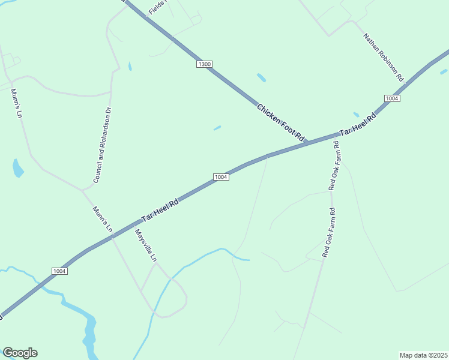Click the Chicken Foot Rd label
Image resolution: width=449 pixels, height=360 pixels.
point(282,124)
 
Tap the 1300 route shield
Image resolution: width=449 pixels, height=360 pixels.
point(205,64)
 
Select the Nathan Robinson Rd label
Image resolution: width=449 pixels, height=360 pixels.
point(383,57)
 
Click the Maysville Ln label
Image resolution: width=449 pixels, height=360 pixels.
point(146,245)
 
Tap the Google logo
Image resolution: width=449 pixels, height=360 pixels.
point(20,353)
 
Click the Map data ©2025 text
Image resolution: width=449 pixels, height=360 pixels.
point(423,355)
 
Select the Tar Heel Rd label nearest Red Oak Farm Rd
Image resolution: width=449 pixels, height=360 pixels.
point(357,125)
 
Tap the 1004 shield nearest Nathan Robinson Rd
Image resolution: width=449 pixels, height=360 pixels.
point(392,98)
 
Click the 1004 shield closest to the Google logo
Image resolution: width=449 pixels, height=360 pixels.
point(59,271)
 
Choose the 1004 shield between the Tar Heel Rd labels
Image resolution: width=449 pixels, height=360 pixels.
point(221,176)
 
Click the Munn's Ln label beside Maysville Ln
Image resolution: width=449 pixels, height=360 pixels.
point(103,220)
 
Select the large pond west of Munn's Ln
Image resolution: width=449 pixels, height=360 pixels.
point(17,168)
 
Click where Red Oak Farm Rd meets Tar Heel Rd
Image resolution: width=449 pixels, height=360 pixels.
point(337,136)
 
